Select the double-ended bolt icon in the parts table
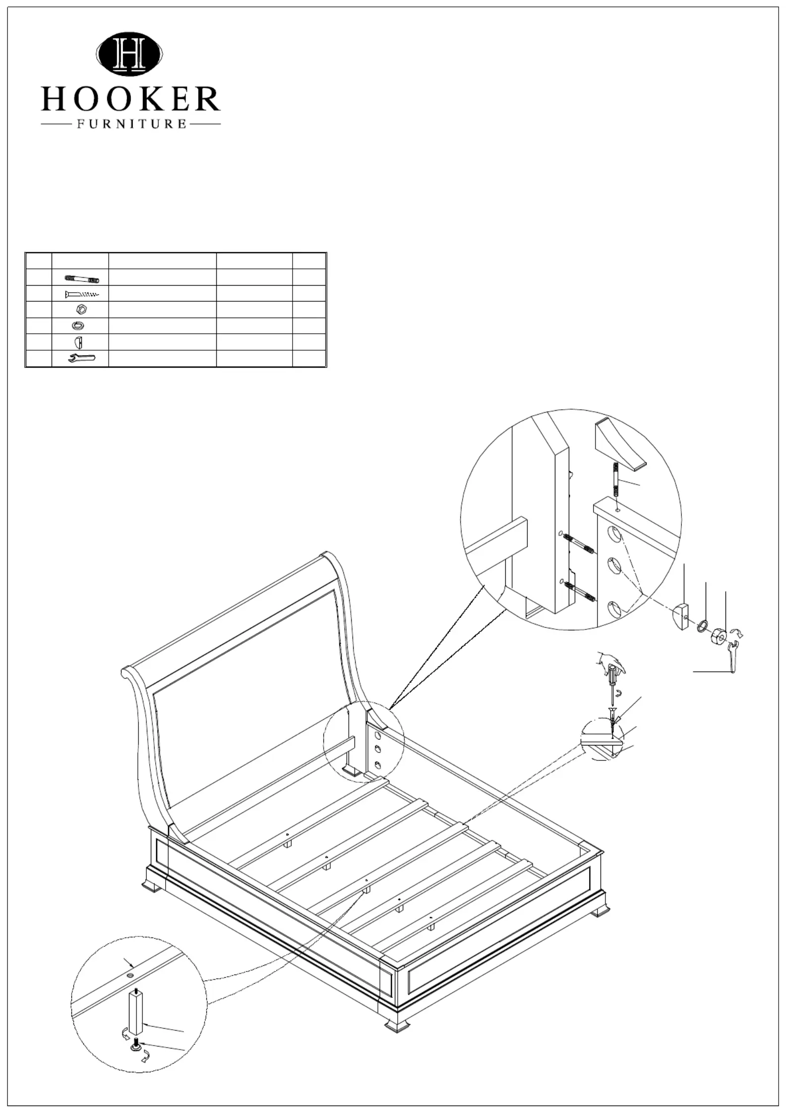[x=82, y=278]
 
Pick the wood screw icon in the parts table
[x=82, y=294]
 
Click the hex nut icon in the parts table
[x=83, y=309]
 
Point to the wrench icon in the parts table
[x=81, y=358]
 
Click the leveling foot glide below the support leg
[x=135, y=1047]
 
